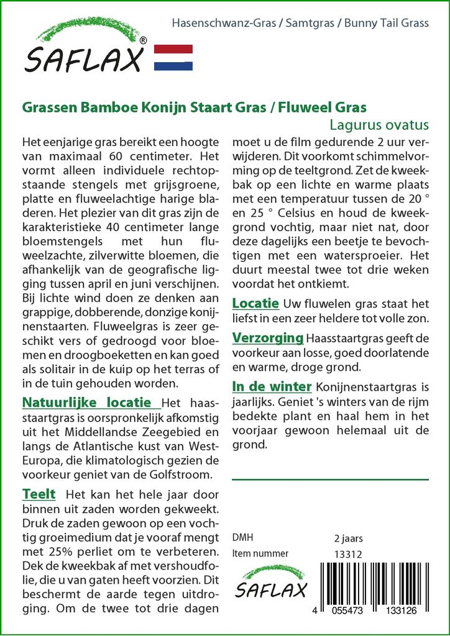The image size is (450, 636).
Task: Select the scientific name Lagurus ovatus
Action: [379, 124]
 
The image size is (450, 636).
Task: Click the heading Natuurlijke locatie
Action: [86, 402]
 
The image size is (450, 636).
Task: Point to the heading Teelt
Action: [39, 494]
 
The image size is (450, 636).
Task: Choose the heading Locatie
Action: [255, 304]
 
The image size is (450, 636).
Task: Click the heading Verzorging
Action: [268, 338]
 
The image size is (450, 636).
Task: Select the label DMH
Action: [242, 538]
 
